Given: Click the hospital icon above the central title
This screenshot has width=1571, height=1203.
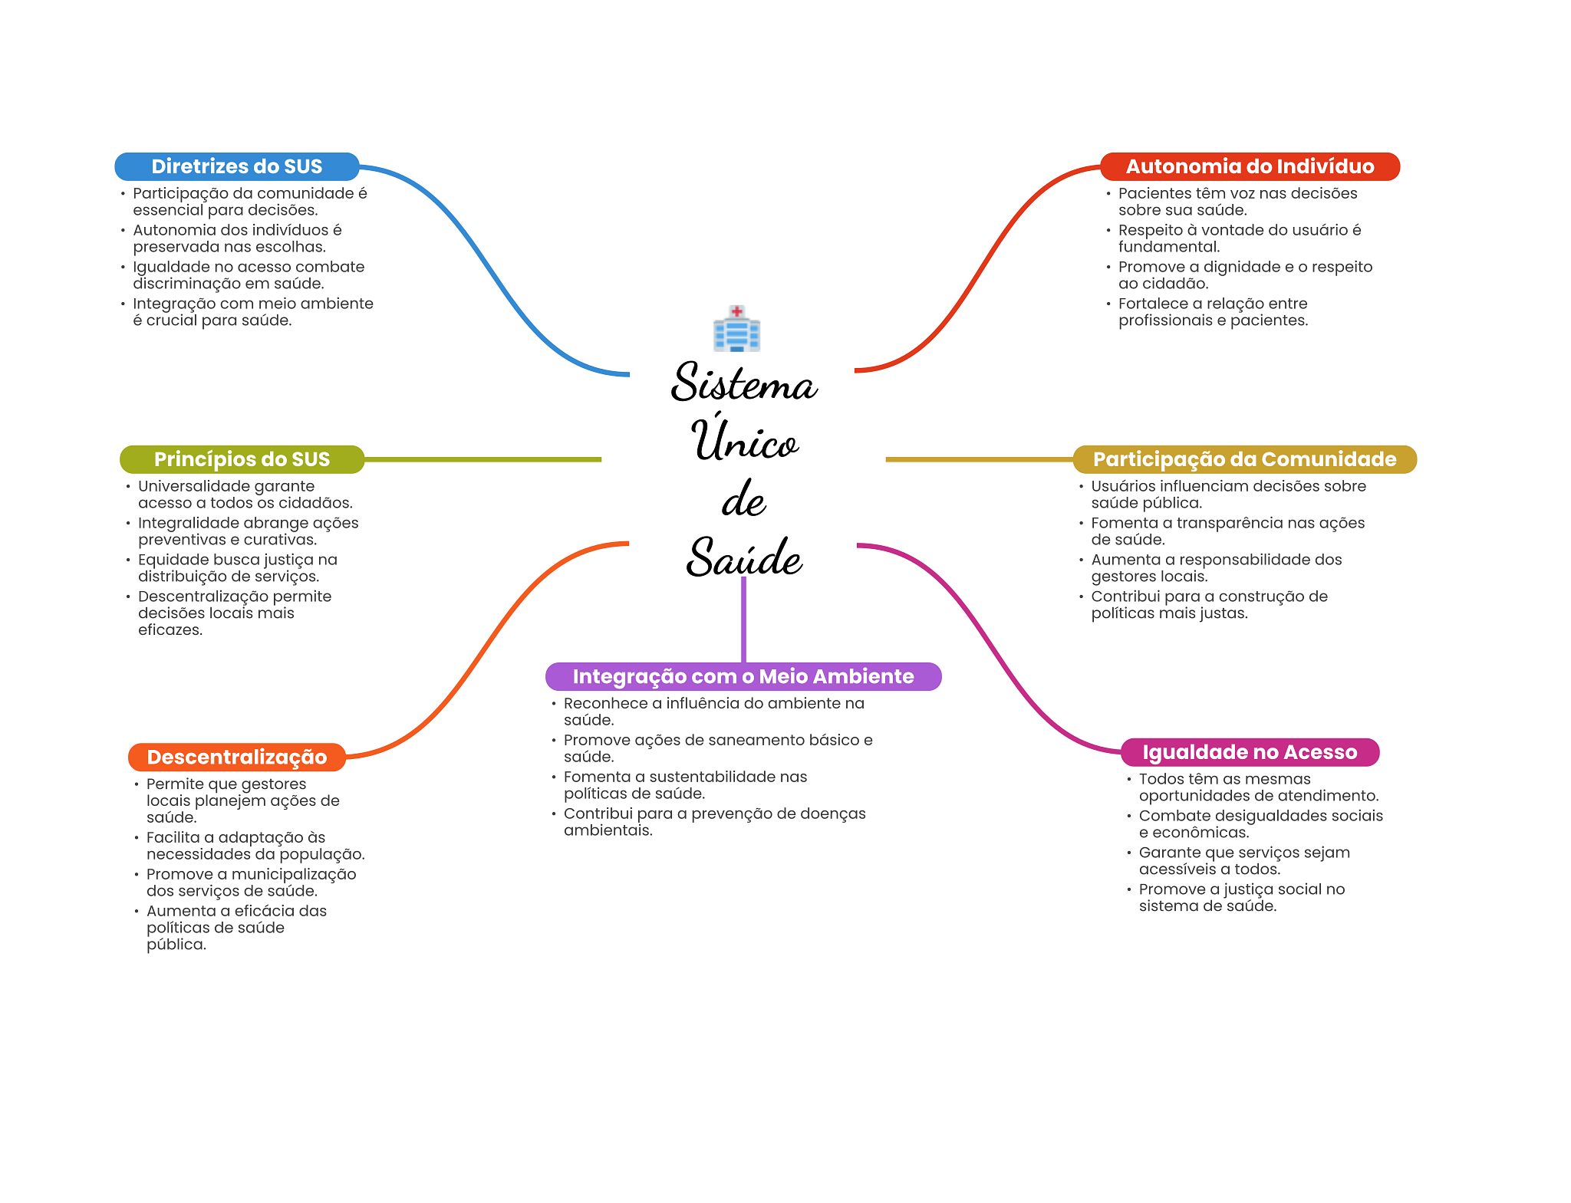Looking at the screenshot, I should (x=736, y=329).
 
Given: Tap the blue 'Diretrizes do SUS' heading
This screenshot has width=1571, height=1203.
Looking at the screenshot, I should (x=237, y=166).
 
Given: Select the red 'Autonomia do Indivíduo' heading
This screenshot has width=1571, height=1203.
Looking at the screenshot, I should (x=1250, y=166).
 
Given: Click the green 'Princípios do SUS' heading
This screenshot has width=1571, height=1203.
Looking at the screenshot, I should (x=242, y=459).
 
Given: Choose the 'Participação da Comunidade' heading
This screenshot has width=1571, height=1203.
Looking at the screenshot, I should (x=1244, y=459).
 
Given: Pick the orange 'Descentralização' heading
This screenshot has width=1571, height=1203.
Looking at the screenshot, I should (x=237, y=757).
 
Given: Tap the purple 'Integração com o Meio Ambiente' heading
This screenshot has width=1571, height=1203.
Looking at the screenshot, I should (x=743, y=676).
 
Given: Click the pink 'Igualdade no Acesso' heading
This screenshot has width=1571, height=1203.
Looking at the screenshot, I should (x=1250, y=752).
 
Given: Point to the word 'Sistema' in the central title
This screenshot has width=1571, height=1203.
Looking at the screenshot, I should (x=743, y=383).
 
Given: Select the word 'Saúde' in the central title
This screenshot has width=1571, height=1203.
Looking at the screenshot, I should (x=743, y=557).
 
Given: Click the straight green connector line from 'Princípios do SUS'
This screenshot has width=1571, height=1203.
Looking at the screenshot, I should (x=483, y=459).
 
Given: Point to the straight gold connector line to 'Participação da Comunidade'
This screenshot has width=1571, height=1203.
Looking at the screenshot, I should (x=978, y=459).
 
